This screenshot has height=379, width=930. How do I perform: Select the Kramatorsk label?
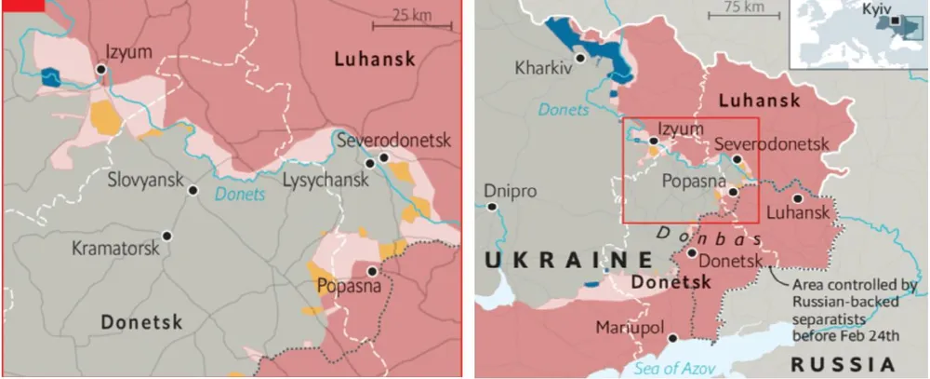pyautogui.click(x=113, y=249)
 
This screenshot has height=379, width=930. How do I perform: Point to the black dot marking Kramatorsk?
pyautogui.click(x=166, y=237)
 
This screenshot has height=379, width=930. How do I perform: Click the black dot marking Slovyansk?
pyautogui.click(x=193, y=190)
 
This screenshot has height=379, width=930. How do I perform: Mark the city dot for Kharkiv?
pyautogui.click(x=580, y=58)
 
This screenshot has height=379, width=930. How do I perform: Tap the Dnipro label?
pyautogui.click(x=510, y=191)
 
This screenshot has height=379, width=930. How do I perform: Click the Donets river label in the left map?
pyautogui.click(x=240, y=195)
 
